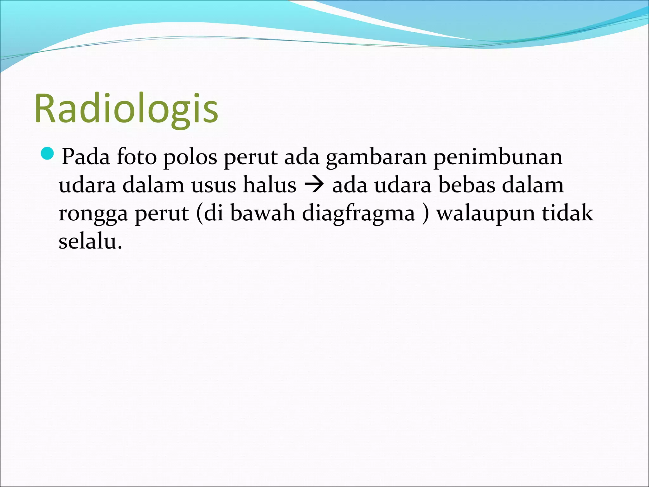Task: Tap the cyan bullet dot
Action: click(x=48, y=154)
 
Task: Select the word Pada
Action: click(x=86, y=157)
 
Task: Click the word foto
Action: click(x=137, y=157)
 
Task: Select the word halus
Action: click(x=269, y=185)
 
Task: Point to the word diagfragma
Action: click(x=358, y=214)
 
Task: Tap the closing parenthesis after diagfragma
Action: click(x=425, y=214)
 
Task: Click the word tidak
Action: click(x=567, y=213)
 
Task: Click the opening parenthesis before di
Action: click(x=199, y=214)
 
